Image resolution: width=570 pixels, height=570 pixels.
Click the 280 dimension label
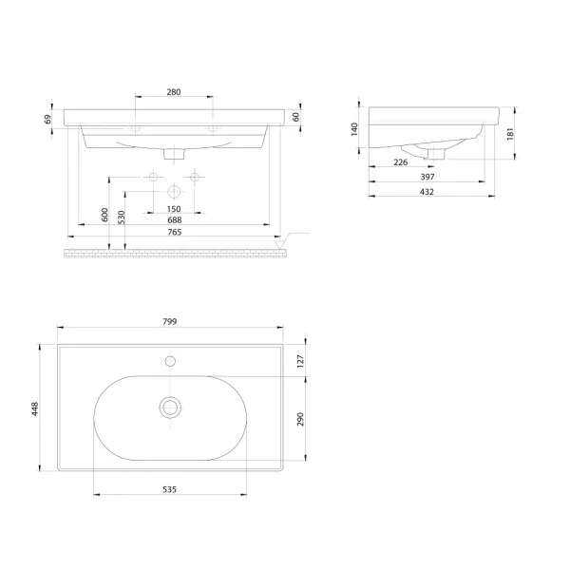[x=174, y=92]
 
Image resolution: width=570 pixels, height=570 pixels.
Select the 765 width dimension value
[x=175, y=232]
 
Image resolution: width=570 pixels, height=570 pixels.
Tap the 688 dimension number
[x=175, y=220]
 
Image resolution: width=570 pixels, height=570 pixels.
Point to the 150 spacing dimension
[x=174, y=209]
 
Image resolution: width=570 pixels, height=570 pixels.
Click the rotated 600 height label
[x=104, y=215]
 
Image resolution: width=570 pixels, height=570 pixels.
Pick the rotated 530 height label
[x=122, y=217]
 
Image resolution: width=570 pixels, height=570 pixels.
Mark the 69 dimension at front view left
[x=48, y=120]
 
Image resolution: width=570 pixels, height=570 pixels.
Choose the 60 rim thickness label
[x=295, y=117]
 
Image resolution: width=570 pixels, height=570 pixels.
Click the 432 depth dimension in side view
[x=427, y=192]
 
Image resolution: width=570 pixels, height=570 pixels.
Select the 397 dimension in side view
[x=427, y=177]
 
